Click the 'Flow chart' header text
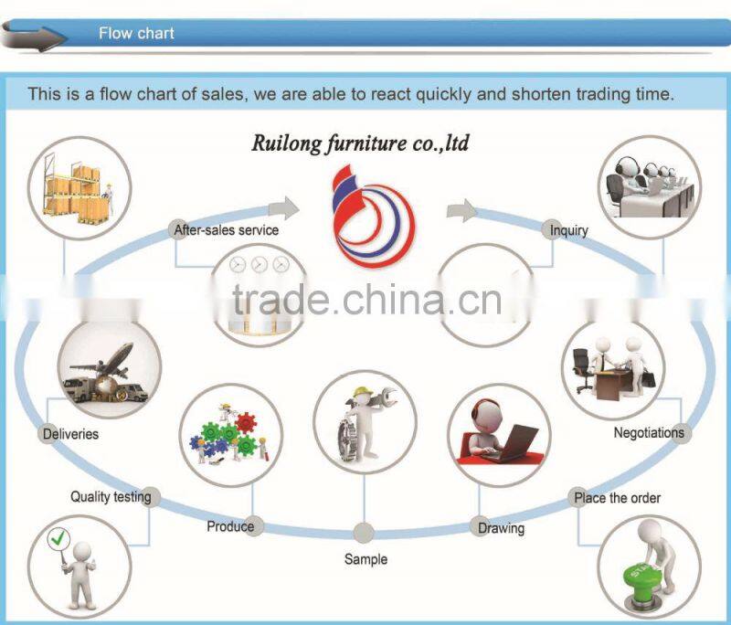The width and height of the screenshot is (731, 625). [x=136, y=34]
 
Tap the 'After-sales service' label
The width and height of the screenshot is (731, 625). [x=226, y=230]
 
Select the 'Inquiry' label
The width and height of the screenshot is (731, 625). [x=568, y=230]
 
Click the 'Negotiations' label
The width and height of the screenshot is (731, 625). [x=649, y=433]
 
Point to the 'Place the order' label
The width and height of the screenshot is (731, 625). [x=617, y=498]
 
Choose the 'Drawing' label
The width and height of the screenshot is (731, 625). [x=502, y=528]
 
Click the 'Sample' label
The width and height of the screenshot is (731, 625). [x=365, y=558]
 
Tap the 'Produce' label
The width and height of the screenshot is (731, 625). [x=230, y=526]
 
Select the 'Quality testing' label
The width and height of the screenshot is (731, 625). [x=111, y=497]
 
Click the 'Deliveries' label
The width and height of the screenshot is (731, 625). [x=70, y=434]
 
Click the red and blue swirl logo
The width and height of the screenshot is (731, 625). [x=372, y=213]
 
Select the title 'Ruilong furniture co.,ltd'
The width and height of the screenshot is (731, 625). [x=360, y=143]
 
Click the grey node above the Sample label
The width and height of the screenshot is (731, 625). [x=364, y=533]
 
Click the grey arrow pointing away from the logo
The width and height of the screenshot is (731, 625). [x=461, y=211]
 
